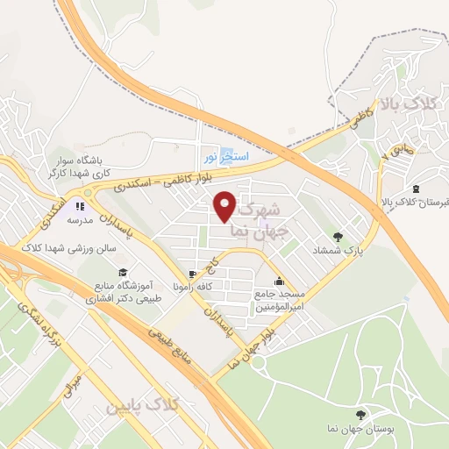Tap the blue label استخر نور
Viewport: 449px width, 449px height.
point(226,155)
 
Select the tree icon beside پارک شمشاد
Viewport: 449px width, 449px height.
point(338,235)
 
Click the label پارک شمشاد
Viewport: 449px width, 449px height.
point(338,250)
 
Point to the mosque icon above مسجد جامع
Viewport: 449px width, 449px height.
point(279,282)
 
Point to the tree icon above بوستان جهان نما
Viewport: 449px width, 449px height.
point(359,414)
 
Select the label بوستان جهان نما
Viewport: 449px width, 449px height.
point(359,430)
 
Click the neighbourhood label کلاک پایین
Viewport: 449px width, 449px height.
point(140,407)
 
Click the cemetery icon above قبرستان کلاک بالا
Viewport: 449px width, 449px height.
point(415,189)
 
